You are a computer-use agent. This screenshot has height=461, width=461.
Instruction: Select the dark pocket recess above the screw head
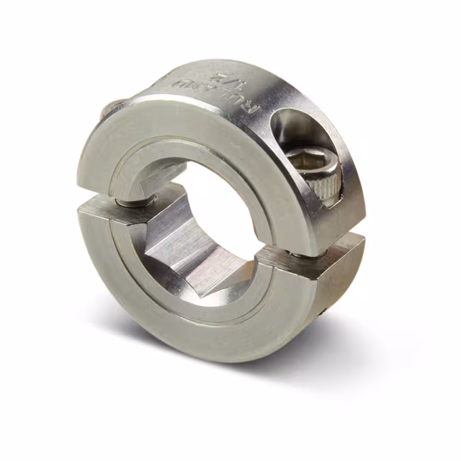pyautogui.click(x=295, y=130)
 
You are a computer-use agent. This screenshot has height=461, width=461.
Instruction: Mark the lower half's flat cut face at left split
pyautogui.click(x=101, y=208)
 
